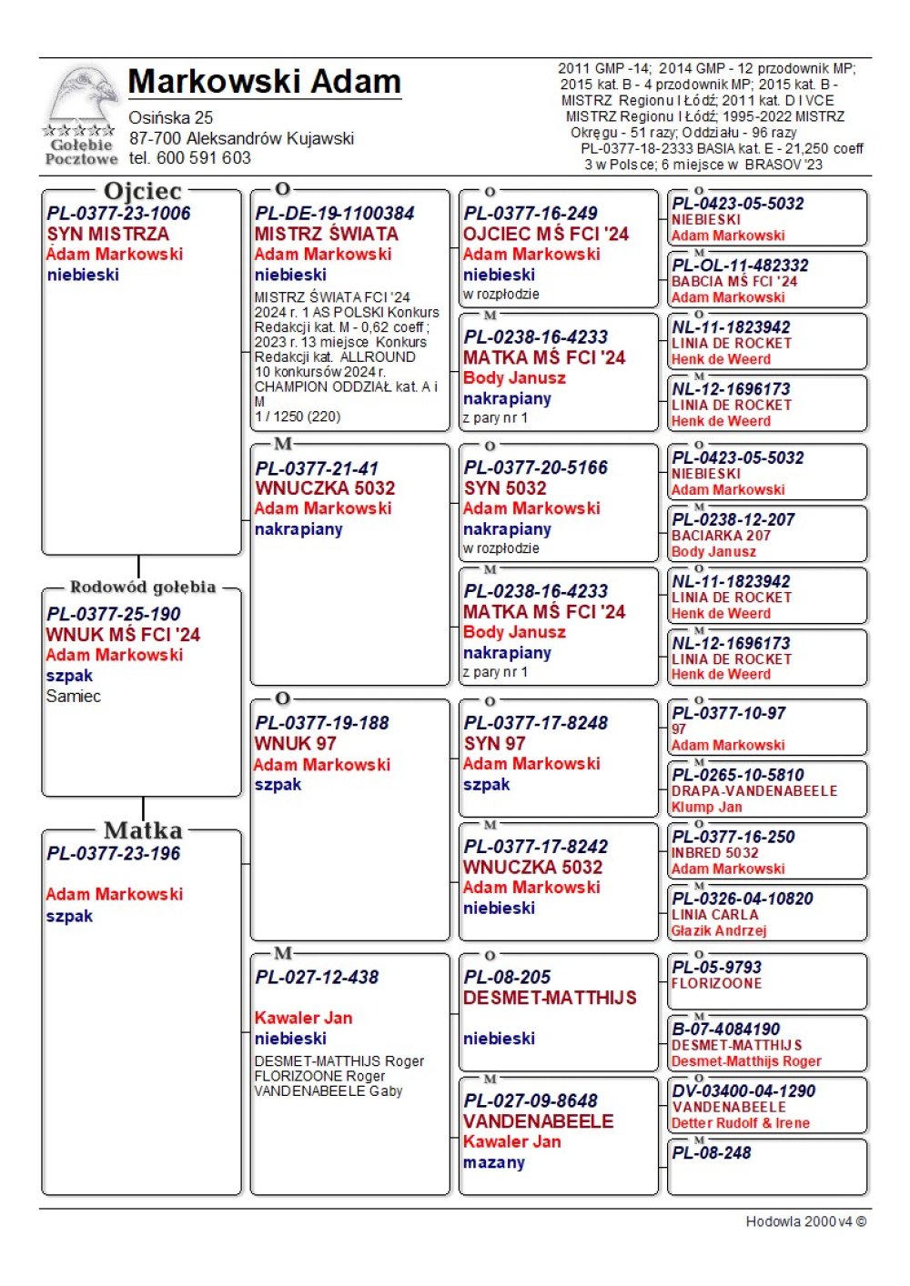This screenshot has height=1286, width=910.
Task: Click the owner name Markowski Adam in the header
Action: click(x=264, y=82)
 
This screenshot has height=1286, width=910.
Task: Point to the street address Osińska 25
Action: click(x=171, y=117)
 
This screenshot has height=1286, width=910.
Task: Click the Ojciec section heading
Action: click(x=143, y=191)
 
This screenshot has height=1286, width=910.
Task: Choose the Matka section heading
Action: click(x=143, y=830)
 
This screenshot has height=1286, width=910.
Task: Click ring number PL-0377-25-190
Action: click(x=114, y=614)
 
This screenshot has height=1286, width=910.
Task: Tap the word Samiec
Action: click(x=74, y=696)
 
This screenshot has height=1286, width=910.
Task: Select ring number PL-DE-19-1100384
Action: click(x=334, y=214)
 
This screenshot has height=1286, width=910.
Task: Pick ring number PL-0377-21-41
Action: click(x=316, y=468)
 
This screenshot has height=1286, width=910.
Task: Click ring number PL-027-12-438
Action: click(x=317, y=978)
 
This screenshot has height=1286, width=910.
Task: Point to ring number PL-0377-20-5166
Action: click(x=535, y=467)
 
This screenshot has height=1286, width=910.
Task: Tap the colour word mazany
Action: click(x=494, y=1162)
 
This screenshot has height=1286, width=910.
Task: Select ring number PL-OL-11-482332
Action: click(x=740, y=266)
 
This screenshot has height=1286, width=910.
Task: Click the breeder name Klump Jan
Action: click(x=706, y=807)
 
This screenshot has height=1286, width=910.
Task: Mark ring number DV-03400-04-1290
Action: click(x=743, y=1091)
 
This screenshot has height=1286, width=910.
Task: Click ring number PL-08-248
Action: click(x=712, y=1153)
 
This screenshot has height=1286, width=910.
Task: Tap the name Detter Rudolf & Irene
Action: click(x=741, y=1123)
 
